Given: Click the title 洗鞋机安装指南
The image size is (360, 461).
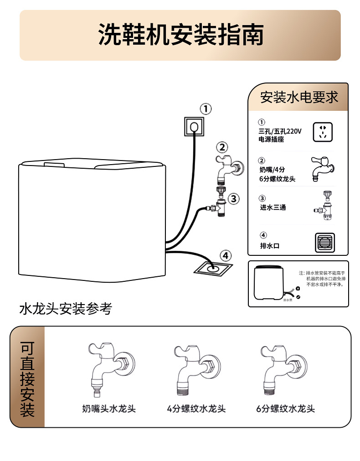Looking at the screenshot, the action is point(181,35).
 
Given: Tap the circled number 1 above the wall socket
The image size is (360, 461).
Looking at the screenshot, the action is point(206,109).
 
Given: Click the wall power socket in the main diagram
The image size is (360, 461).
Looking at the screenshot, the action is point(194,126).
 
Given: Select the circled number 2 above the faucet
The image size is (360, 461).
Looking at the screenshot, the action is point(222,147).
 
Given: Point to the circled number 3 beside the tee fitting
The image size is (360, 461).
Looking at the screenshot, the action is point(233,198).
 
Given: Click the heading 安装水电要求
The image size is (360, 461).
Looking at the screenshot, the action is point(299,97).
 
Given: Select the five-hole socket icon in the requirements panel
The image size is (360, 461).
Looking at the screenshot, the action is point(323,132).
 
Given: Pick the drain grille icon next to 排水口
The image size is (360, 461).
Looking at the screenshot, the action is point(325,243).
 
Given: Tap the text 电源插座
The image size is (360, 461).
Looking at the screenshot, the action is point(271,140).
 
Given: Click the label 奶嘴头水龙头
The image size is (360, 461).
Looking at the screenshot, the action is point(109,409).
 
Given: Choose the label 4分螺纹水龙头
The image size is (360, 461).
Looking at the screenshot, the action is point(196,409).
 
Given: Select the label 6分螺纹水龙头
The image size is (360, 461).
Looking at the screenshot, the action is point(285,409).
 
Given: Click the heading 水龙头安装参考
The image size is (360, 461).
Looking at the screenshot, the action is point(66,309).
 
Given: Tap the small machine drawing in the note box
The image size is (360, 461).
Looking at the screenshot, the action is point(269,283).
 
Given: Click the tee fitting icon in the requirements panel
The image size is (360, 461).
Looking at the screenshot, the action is point(324,206).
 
